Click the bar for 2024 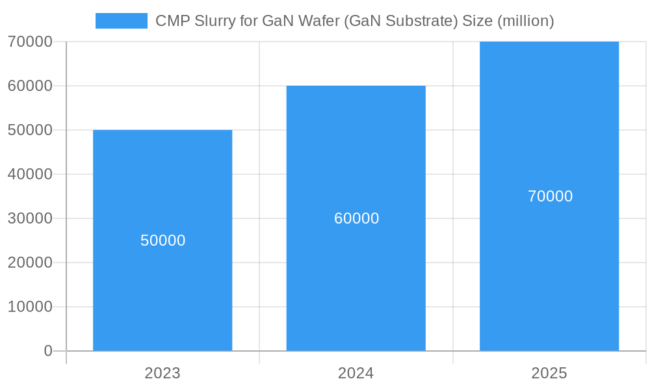pos(356,273)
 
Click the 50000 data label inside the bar pos(162,240)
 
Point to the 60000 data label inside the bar pos(356,218)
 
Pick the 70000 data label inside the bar pos(550,196)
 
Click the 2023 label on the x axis pos(162,373)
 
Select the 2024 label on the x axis pos(356,373)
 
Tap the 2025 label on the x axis pos(549,373)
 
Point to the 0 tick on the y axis pos(48,351)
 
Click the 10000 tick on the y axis pos(30,307)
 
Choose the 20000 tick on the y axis pos(30,263)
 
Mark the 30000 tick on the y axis pos(30,218)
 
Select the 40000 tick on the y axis pos(30,174)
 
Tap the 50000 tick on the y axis pos(30,130)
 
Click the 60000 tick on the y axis pos(30,86)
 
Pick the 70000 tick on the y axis pos(30,42)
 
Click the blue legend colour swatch pos(122,21)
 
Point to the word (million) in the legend pos(525,21)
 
